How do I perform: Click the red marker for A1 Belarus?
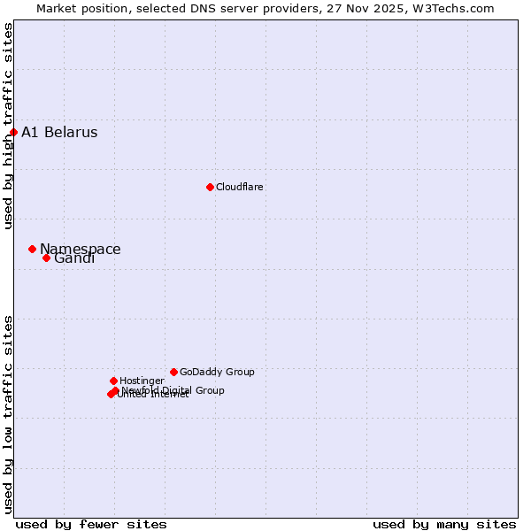tap(13, 133)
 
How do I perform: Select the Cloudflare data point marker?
tap(210, 187)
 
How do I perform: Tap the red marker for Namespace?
tap(32, 250)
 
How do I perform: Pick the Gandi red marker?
tap(46, 258)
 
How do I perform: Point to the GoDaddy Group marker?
tap(173, 372)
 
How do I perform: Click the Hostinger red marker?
tap(113, 381)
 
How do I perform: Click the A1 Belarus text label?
tap(59, 133)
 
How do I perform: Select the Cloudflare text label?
tap(239, 187)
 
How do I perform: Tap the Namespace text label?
tap(81, 249)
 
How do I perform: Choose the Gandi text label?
tap(74, 258)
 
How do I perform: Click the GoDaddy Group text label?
tap(217, 372)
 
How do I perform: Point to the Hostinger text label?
tap(142, 381)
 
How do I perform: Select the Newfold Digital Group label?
tap(173, 389)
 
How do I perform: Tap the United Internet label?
tap(153, 395)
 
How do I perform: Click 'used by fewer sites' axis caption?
tap(91, 524)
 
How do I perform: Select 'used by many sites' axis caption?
tap(444, 524)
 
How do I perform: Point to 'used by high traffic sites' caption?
tap(8, 126)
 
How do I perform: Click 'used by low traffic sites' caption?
tap(8, 414)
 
